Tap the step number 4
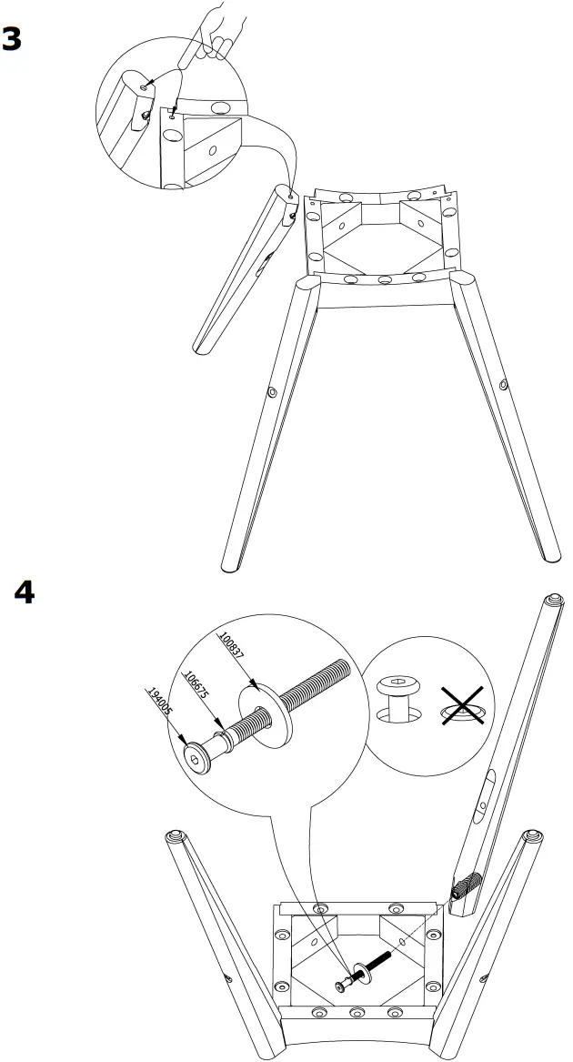point(25,592)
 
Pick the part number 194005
point(158,712)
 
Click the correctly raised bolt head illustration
point(397,697)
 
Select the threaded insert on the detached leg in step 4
point(465,884)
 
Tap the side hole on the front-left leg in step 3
point(271,391)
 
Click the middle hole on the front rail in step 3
point(385,278)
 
